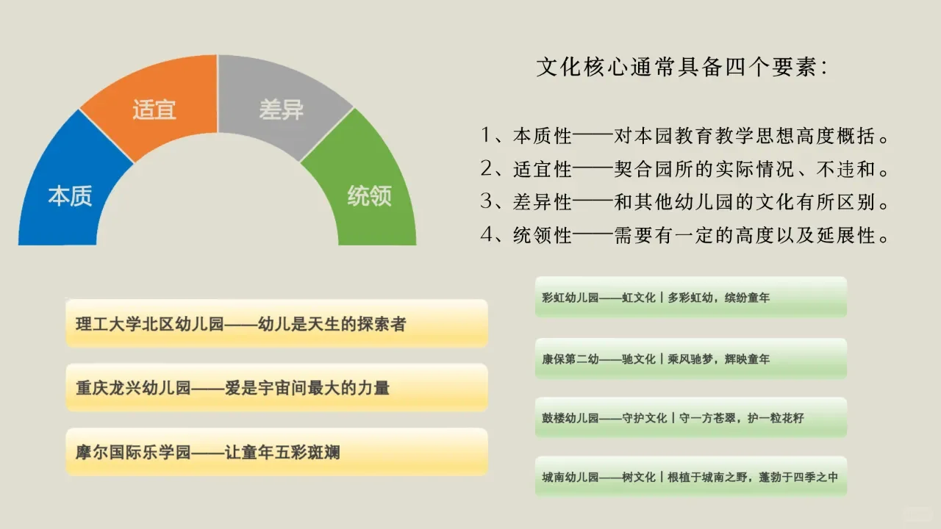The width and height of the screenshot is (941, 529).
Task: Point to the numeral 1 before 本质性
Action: [x=486, y=135]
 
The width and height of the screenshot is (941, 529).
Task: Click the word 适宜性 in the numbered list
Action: [x=543, y=169]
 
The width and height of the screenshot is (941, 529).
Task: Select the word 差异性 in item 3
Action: [x=543, y=202]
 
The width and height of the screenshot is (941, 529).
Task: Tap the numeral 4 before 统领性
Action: [x=487, y=235]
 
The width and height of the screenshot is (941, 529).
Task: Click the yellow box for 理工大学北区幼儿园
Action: [x=277, y=323]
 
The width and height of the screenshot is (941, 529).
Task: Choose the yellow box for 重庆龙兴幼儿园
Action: [x=277, y=387]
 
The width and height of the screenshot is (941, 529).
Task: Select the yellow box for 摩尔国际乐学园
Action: [x=277, y=452]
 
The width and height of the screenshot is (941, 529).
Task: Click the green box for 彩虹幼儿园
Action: [x=691, y=297]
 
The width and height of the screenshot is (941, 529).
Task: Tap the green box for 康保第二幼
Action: [x=691, y=359]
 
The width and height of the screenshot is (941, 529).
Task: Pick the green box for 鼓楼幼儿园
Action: [x=691, y=418]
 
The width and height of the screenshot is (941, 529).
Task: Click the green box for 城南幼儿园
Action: [x=691, y=477]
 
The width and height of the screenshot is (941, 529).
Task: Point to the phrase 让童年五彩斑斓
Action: [x=282, y=453]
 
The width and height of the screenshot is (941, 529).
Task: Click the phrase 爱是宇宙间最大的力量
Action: [x=307, y=388]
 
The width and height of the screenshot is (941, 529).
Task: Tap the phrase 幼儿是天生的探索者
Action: [x=332, y=324]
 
